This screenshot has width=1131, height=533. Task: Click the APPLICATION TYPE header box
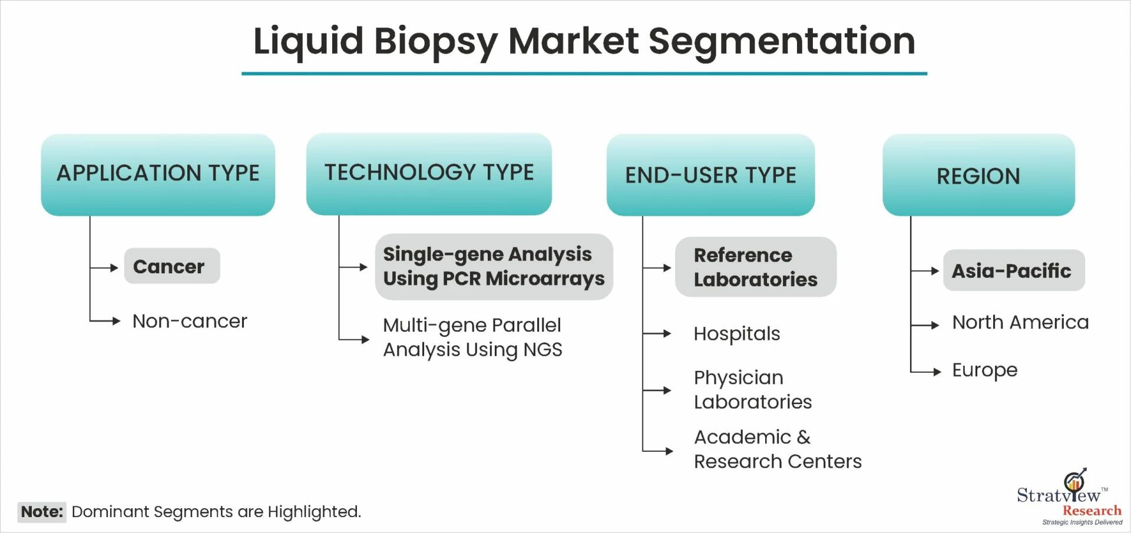pos(158,174)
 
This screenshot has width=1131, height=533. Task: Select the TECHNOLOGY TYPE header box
pos(429,173)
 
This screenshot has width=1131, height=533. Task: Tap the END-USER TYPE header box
pos(710,175)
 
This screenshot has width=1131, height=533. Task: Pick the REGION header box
pos(978,175)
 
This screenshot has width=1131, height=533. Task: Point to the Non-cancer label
pos(189,321)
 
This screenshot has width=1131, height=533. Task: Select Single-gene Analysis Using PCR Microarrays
pos(494,266)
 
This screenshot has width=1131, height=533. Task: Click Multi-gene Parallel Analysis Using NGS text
pos(472,337)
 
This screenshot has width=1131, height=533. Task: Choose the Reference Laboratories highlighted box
pos(755,267)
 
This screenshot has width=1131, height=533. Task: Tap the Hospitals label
pos(736,334)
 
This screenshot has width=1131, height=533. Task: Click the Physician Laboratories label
pos(752,389)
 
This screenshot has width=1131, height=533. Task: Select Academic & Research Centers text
pos(777,449)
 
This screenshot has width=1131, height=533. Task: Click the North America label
pos(1020,322)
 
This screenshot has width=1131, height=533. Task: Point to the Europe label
pos(984,370)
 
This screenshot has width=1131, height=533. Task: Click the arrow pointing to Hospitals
pos(660,333)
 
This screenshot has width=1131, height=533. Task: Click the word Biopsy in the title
pos(435,41)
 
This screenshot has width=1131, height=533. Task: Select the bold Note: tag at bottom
pos(42,511)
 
